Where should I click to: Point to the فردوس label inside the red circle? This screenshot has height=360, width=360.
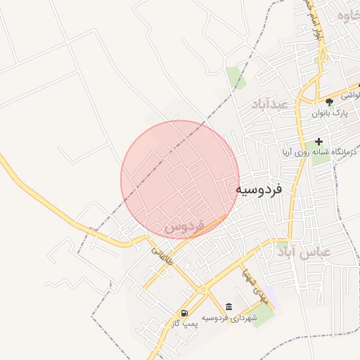point(184,227)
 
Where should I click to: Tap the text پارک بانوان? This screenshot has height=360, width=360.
point(330,112)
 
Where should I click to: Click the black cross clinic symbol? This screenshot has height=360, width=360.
point(319,141)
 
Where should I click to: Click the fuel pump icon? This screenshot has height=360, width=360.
point(184,314)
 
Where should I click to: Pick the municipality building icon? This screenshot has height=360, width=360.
point(229,307)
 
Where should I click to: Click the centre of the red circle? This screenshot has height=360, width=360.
point(180,180)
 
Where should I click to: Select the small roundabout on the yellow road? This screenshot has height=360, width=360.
point(202,289)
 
